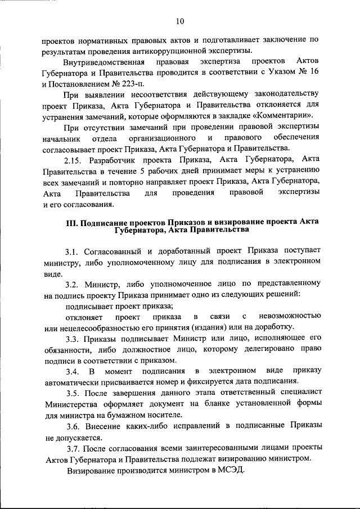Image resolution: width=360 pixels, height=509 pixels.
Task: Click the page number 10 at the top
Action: point(179,21)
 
